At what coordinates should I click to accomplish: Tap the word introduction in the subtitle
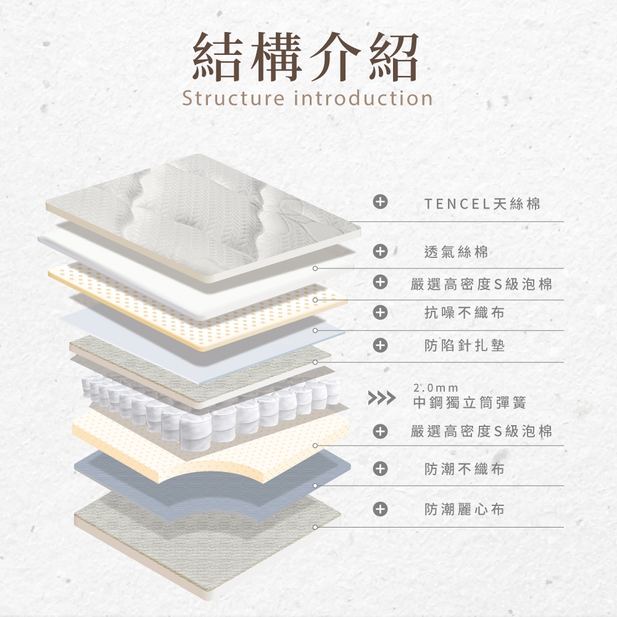click(363, 98)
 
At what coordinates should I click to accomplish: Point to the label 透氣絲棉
click(457, 252)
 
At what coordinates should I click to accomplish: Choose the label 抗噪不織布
click(465, 313)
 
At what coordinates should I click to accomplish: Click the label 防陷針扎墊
click(465, 346)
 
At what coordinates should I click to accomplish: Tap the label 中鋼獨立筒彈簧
click(470, 403)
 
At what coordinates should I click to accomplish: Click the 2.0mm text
click(436, 389)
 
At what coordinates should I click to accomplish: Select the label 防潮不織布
click(465, 470)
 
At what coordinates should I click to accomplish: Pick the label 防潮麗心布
click(465, 510)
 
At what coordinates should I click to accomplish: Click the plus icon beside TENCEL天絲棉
click(381, 202)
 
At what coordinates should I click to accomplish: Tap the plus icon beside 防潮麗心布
click(381, 509)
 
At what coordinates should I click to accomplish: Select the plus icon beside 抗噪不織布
click(381, 313)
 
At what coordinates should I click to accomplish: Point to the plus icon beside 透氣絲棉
click(381, 251)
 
